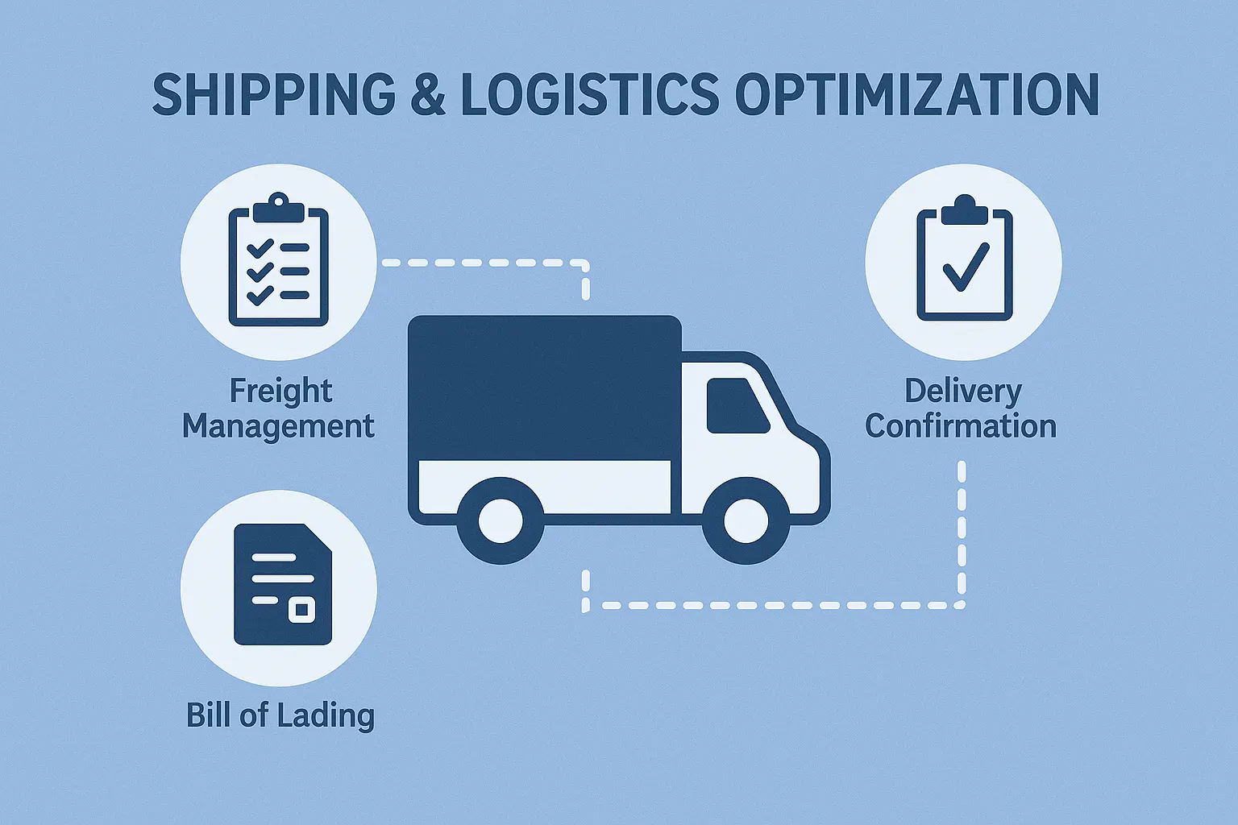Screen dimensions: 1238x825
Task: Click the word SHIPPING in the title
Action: coord(274,94)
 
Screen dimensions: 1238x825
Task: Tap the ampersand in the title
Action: coord(428,94)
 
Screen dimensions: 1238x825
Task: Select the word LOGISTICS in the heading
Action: coord(590,94)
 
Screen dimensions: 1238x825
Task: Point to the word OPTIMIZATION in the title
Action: coord(916,94)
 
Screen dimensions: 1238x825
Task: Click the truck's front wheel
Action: coord(746,520)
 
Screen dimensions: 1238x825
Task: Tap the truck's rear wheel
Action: coord(501,520)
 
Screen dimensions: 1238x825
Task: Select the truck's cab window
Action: coord(737,405)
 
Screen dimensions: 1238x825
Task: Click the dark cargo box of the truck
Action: coord(544,388)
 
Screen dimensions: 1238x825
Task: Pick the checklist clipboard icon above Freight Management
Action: coord(279,259)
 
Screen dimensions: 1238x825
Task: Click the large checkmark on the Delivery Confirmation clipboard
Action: coord(966,267)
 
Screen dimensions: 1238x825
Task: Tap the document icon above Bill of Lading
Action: coord(283,584)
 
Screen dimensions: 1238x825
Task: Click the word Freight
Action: coord(280,392)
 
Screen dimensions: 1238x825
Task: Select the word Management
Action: coord(279,427)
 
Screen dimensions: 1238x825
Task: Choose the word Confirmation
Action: coord(961,426)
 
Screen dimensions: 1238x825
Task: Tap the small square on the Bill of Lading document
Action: coord(301,610)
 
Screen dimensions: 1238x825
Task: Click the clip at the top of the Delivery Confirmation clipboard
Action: coord(965,209)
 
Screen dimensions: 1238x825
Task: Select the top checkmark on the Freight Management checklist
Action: coord(260,248)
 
